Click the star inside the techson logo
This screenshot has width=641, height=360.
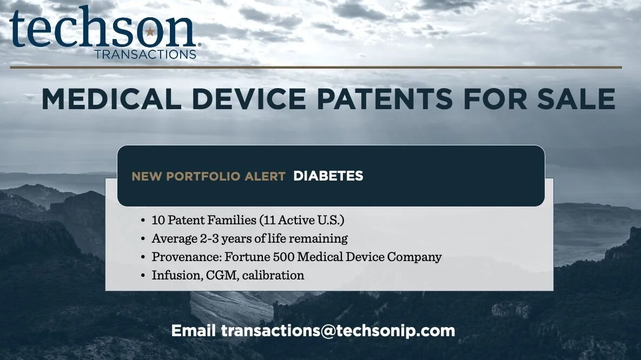pyautogui.click(x=150, y=31)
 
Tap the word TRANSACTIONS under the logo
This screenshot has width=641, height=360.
pyautogui.click(x=145, y=54)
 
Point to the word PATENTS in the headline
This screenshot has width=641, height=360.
pyautogui.click(x=385, y=99)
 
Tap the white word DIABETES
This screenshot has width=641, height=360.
pyautogui.click(x=328, y=176)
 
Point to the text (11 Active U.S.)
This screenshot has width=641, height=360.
pyautogui.click(x=302, y=221)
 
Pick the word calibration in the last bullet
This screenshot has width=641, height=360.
pyautogui.click(x=273, y=275)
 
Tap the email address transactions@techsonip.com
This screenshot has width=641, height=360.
pyautogui.click(x=338, y=330)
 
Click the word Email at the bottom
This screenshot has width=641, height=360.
pyautogui.click(x=194, y=330)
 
